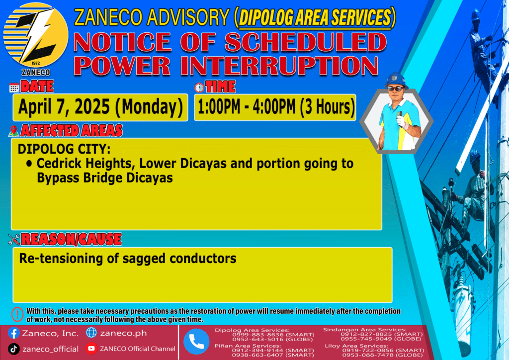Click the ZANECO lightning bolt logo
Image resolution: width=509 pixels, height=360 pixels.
36,35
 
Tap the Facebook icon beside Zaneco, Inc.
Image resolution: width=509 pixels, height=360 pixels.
13,333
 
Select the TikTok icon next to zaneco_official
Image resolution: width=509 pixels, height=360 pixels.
13,349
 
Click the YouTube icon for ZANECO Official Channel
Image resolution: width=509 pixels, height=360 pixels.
91,349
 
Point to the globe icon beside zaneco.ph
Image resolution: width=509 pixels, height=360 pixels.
91,333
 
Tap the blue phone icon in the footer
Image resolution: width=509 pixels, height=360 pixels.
196,342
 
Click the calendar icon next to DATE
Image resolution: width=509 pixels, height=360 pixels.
14,88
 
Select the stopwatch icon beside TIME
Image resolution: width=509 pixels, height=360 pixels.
199,87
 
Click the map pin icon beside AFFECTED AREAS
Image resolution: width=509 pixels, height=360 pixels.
13,131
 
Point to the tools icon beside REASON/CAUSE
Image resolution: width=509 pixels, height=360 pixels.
14,240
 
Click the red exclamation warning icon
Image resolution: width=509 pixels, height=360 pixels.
17,314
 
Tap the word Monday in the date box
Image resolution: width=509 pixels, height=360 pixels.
149,107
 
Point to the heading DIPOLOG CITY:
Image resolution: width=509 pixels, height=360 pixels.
64,149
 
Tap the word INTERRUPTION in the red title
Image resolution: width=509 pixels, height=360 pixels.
279,66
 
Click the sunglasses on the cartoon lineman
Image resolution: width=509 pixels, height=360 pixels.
396,89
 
